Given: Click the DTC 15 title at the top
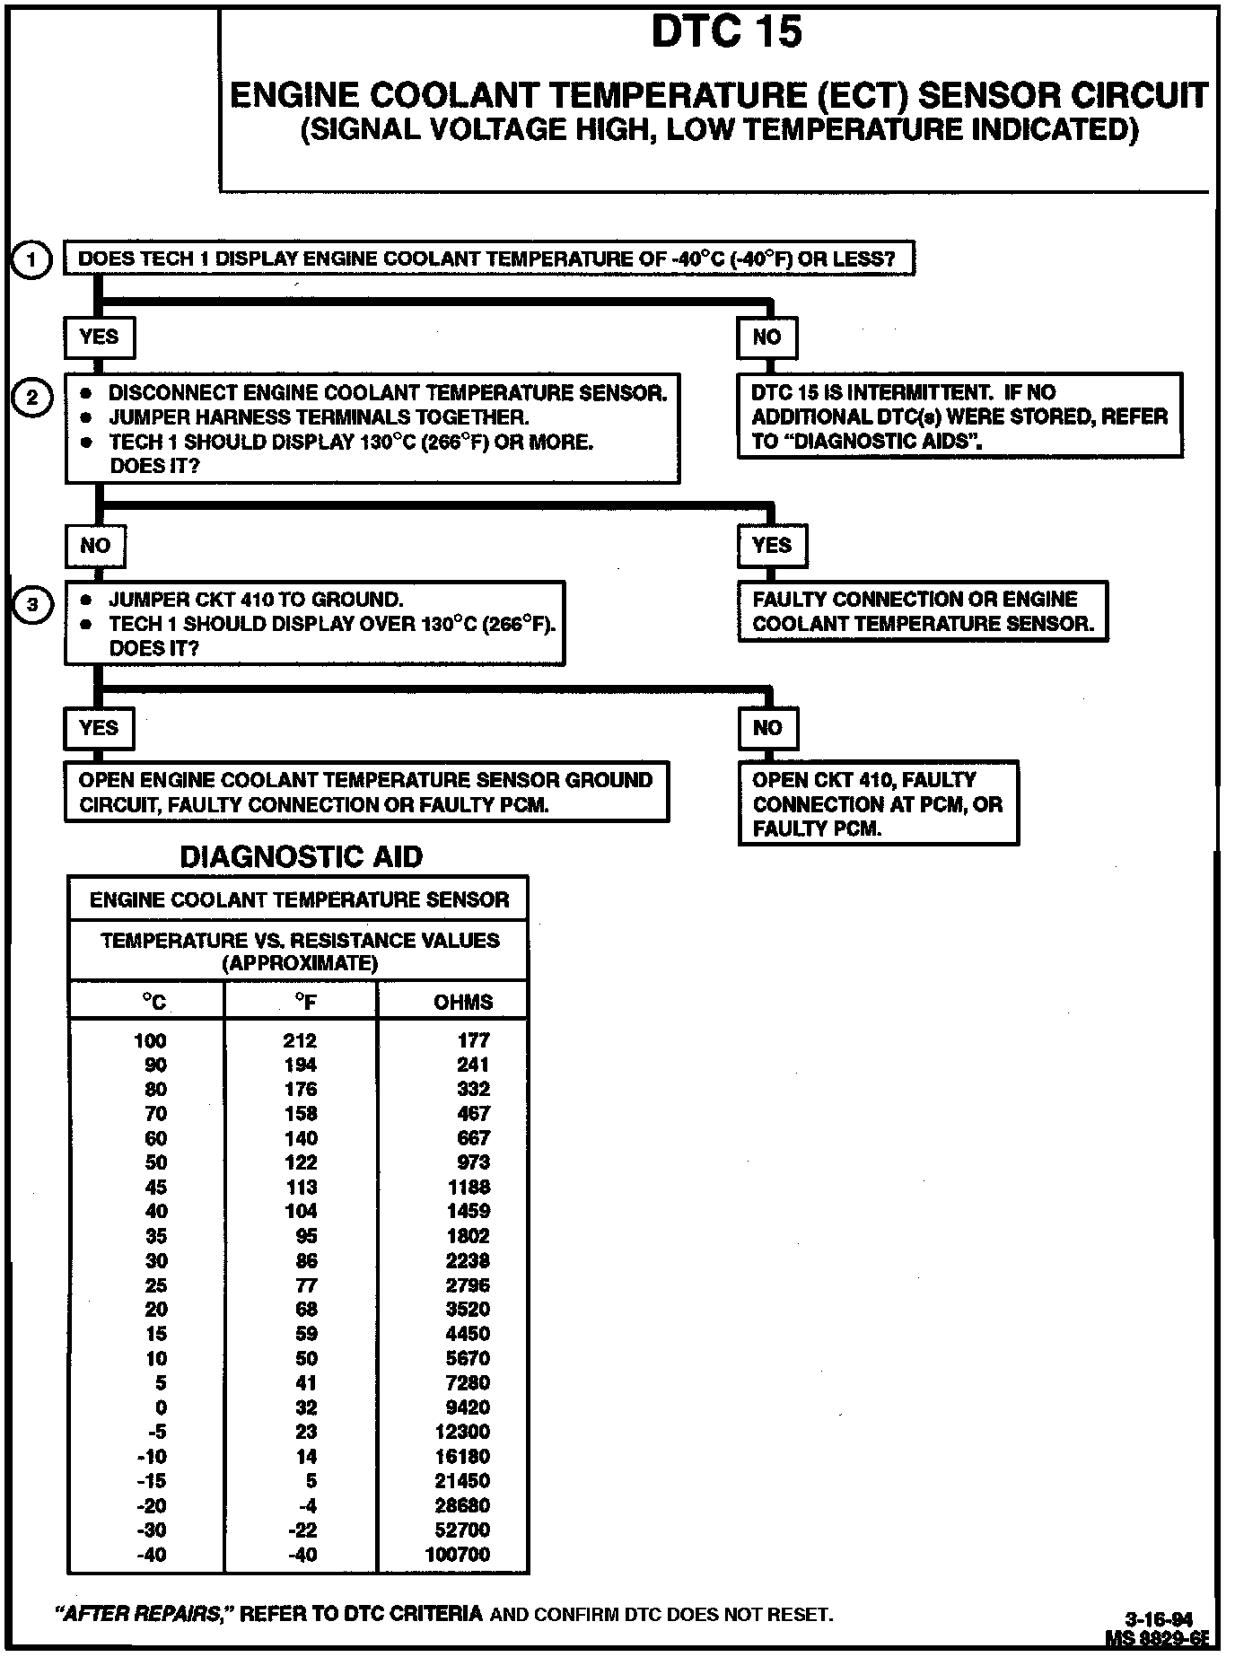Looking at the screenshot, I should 726,32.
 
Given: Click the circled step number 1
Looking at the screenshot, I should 32,260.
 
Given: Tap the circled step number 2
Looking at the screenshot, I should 32,397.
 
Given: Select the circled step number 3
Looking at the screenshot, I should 32,604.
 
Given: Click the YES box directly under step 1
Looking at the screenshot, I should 99,338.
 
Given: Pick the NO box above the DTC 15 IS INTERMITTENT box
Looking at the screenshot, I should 766,338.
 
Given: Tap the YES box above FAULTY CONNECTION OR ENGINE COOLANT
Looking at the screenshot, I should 772,546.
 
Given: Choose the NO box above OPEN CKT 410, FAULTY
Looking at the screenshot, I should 767,728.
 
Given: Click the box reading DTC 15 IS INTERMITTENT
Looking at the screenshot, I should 959,416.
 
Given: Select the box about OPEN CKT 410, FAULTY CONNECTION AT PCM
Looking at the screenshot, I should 878,804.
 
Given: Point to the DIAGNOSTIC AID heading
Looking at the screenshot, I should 302,857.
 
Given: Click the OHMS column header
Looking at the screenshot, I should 463,1003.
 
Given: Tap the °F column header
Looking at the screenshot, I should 305,1003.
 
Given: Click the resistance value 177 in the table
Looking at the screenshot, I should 474,1040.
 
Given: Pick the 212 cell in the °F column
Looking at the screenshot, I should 300,1040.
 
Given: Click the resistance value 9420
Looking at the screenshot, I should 469,1407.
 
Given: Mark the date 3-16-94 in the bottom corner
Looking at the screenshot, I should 1160,1619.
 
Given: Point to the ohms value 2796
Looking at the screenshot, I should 469,1285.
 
